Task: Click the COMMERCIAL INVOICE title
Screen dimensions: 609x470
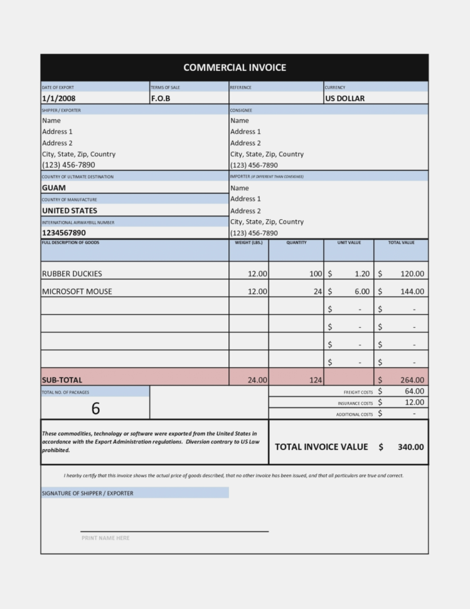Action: pos(234,68)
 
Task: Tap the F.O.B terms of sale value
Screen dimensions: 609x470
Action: pos(161,99)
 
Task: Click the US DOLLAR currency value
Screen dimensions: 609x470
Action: pos(344,99)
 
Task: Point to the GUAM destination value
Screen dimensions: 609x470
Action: pos(54,188)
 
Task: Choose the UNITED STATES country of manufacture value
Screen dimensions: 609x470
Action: pos(70,211)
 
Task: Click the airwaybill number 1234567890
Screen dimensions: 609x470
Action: pos(64,233)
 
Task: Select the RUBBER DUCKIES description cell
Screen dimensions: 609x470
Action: pos(72,274)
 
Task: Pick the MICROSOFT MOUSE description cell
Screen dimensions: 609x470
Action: pos(77,292)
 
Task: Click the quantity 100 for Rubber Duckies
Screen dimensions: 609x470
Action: pos(315,274)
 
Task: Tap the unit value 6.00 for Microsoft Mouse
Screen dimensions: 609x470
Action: pos(361,292)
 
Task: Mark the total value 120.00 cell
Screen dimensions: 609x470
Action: pos(412,274)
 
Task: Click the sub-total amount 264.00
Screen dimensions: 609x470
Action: pos(412,380)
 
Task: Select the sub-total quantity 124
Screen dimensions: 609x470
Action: pos(315,380)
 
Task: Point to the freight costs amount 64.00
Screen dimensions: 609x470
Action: pos(414,392)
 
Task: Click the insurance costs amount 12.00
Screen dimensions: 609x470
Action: pos(414,402)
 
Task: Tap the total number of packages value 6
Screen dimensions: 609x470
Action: pos(95,409)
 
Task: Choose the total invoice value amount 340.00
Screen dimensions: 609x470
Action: pos(410,447)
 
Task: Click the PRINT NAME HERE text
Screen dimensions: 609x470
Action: pos(105,538)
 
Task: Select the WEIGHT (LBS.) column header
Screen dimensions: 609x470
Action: pos(248,242)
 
